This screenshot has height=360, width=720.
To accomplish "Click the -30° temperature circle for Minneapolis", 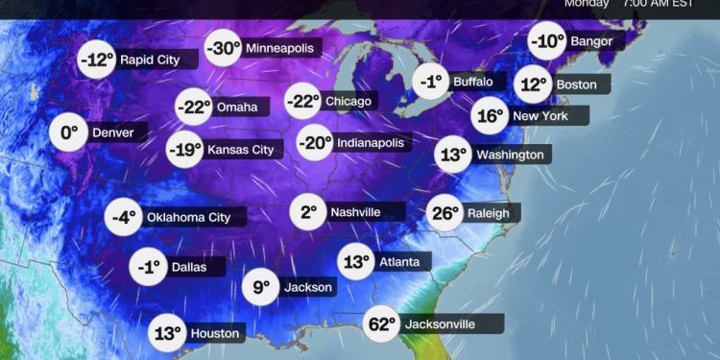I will point(223,47).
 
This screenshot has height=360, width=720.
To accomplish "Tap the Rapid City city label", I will point(150,60).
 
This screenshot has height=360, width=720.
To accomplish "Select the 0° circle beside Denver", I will point(69,132).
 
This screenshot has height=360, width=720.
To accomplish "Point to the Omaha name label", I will point(236,107).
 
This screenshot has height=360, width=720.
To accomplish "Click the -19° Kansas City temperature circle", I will point(185,149).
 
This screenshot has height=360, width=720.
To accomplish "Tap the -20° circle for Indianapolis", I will point(314,143).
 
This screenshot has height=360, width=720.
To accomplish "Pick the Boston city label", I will point(576,84).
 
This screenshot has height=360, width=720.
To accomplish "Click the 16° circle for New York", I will point(491,116).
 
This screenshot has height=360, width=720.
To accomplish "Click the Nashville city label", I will point(355,212).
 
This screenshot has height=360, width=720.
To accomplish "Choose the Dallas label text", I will point(187,267).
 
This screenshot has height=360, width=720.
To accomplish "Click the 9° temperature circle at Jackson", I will point(260,286).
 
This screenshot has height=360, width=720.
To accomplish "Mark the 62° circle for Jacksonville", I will point(380,324).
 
